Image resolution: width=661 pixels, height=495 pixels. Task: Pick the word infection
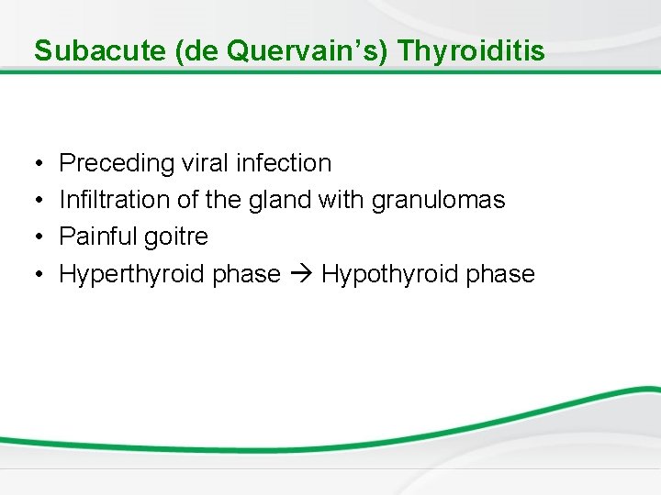pos(284,163)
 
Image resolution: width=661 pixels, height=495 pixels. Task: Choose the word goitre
pos(178,236)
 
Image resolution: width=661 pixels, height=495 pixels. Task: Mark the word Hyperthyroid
pos(132,274)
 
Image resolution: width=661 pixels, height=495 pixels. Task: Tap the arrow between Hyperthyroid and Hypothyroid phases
pos(301,274)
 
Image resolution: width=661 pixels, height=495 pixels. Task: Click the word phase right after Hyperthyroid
pos(247,274)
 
